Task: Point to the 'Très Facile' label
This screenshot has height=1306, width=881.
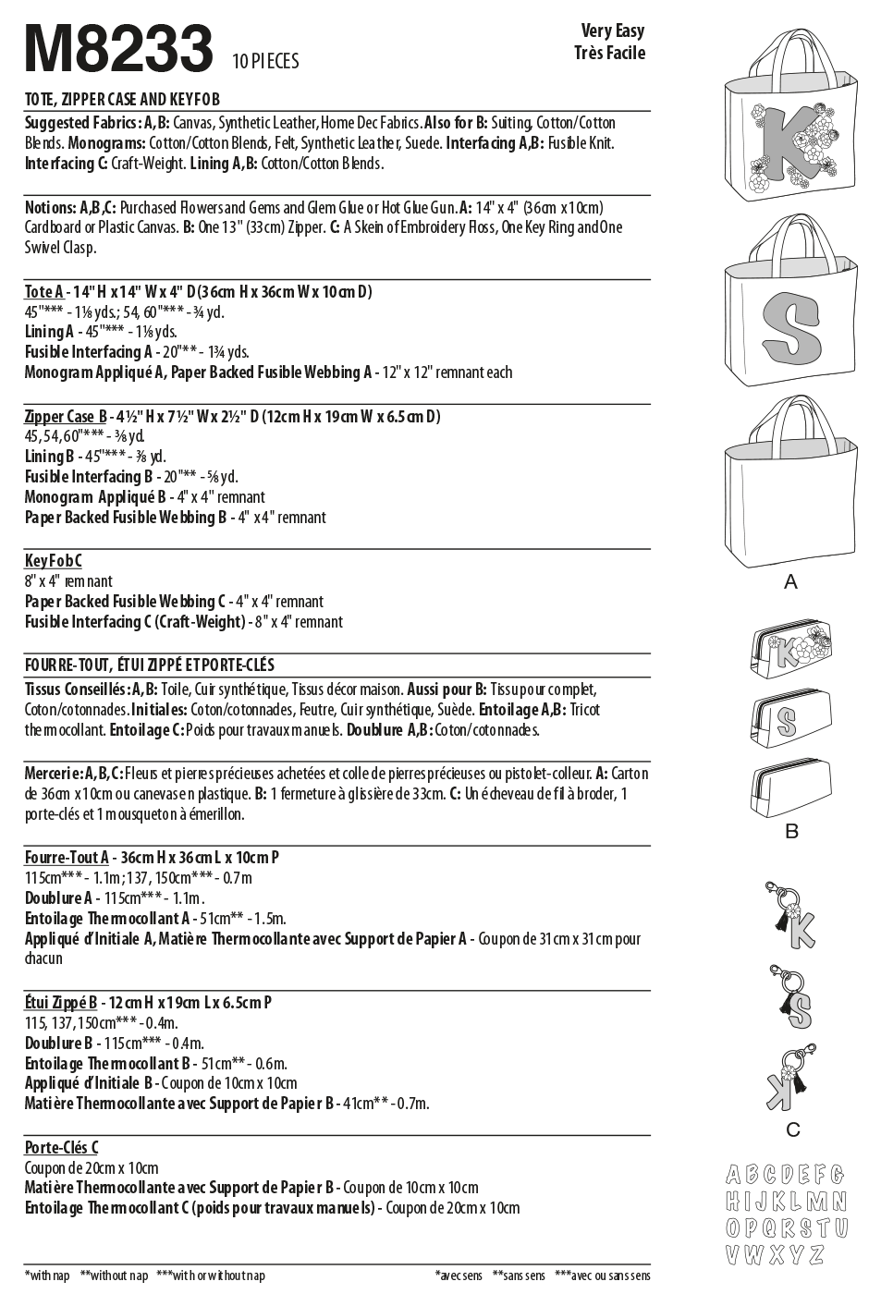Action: tap(609, 54)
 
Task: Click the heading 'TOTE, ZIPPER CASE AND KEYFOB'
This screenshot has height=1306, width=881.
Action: tap(122, 100)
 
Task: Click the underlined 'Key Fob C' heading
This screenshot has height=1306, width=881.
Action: tap(54, 561)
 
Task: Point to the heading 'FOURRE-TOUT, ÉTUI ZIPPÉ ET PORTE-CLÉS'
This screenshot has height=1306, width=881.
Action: tap(150, 665)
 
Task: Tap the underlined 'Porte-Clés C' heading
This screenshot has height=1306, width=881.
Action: tap(61, 1148)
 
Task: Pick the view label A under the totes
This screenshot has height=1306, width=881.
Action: tap(790, 582)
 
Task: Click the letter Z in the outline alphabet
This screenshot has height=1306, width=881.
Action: tap(814, 1254)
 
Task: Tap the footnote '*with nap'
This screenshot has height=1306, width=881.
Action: tap(47, 1276)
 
